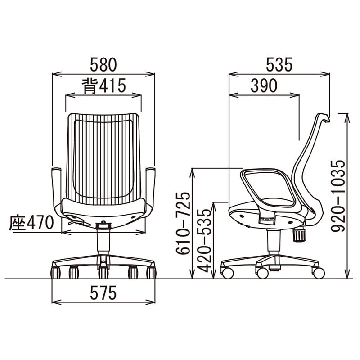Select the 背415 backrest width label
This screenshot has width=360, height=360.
coord(104,86)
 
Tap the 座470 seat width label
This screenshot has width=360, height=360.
coord(31,223)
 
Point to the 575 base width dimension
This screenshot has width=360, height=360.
coord(103,293)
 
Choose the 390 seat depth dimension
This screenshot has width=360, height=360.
coord(264,85)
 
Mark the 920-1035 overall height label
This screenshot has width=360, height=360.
coord(338,196)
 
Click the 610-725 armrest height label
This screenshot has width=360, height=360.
coord(183,223)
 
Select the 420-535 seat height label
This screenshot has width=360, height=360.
coord(204,241)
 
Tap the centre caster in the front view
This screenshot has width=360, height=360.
coord(103,273)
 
